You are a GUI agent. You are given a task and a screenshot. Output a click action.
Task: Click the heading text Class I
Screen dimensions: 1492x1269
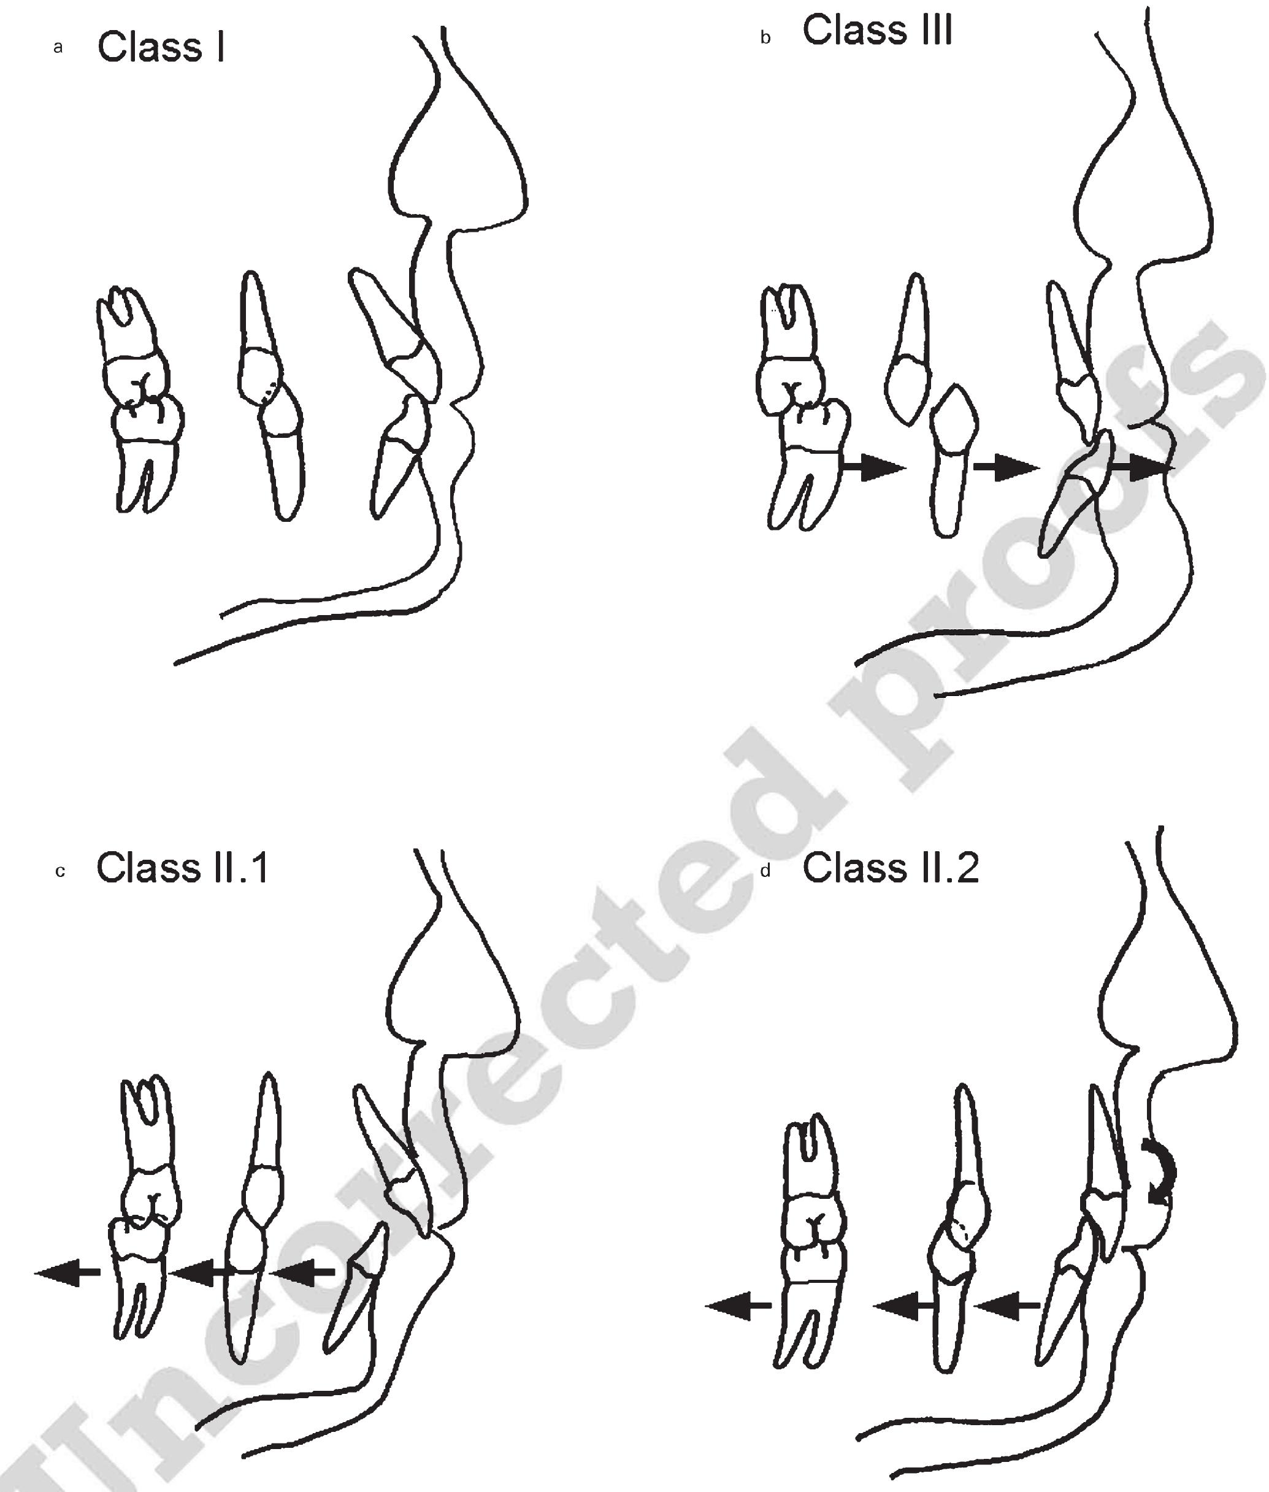[x=161, y=47]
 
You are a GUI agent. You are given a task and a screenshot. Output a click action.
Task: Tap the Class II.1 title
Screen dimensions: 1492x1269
[x=183, y=868]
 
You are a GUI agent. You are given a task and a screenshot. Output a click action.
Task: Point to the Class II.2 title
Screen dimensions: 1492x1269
[x=891, y=868]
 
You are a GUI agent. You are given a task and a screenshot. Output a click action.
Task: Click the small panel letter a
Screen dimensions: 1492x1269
[x=58, y=48]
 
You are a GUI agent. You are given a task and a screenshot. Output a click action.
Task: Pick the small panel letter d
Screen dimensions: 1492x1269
[x=765, y=871]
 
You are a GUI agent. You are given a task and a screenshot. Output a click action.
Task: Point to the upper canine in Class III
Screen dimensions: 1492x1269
[x=910, y=353]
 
